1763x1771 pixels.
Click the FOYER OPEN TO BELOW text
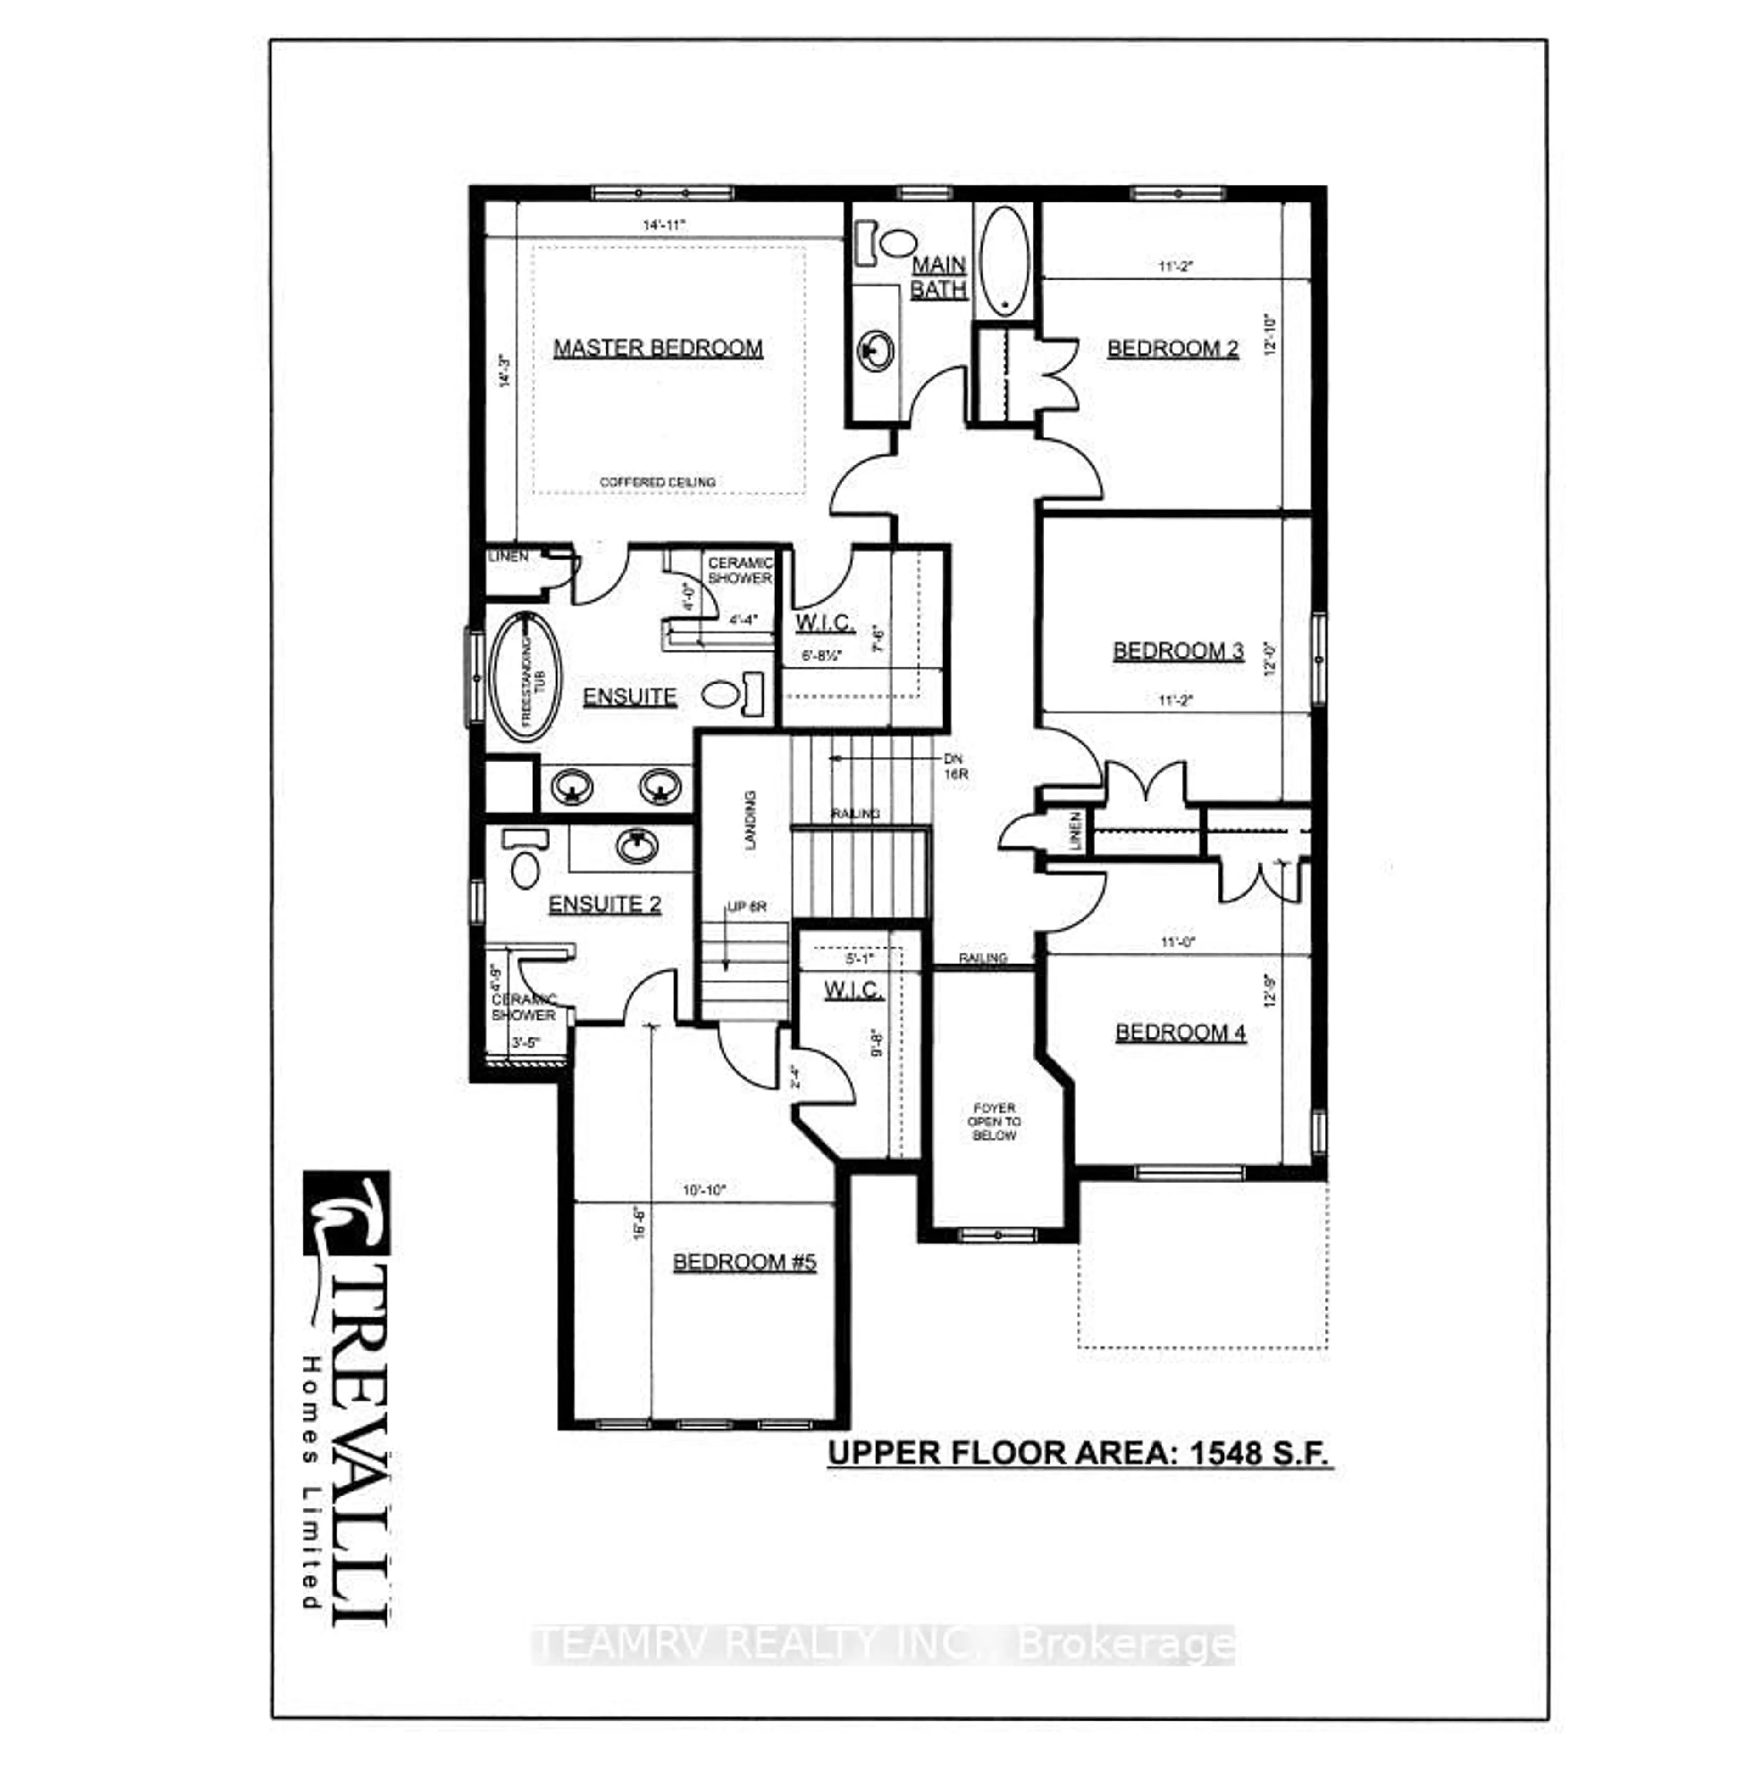[x=994, y=1121]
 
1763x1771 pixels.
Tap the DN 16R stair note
[x=955, y=766]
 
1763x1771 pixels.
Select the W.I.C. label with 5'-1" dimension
[x=853, y=990]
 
